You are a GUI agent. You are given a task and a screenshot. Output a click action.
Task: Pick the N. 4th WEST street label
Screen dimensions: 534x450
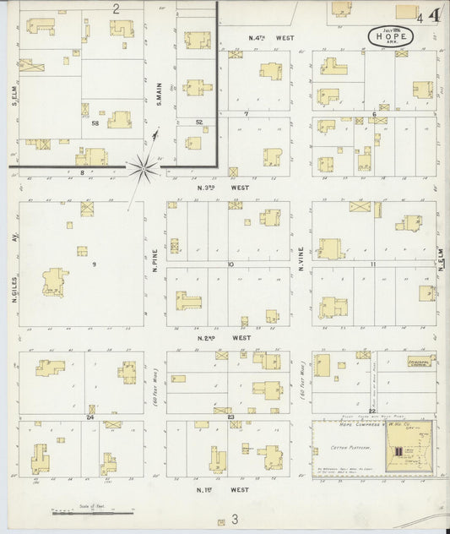click(x=271, y=38)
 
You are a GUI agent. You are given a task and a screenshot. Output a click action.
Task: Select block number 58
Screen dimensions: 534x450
click(x=95, y=123)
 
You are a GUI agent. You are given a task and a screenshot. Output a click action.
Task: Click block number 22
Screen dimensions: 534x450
click(x=371, y=340)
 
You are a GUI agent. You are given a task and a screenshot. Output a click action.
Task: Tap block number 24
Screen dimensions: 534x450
click(x=89, y=417)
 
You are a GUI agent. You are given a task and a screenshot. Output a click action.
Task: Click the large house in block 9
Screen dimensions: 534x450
click(x=55, y=282)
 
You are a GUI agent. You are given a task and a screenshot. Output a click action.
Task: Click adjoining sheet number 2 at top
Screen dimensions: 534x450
click(x=116, y=8)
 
